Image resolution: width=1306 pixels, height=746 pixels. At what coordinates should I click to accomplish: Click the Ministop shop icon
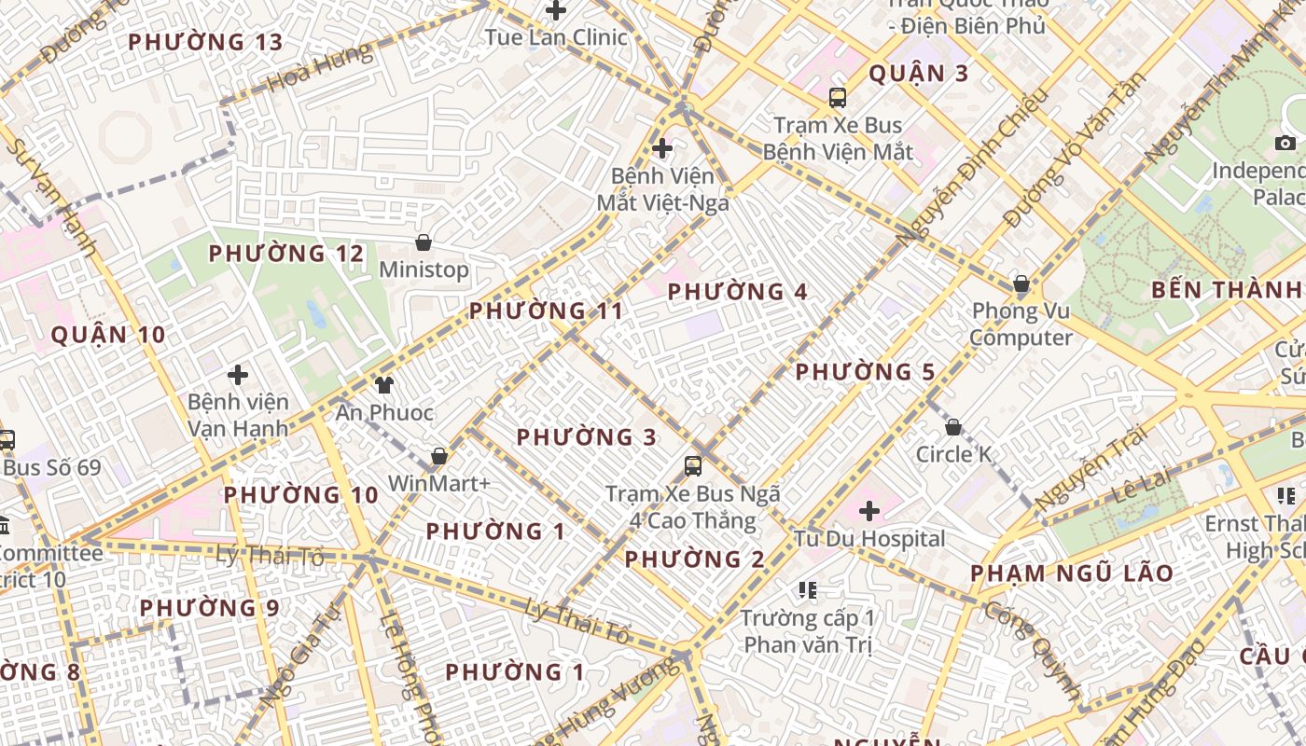(424, 242)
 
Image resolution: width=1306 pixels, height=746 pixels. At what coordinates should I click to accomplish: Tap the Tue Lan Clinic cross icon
(556, 11)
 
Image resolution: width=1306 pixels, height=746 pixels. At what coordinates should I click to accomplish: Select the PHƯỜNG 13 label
(205, 42)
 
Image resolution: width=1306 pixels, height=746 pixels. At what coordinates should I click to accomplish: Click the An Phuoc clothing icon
(383, 384)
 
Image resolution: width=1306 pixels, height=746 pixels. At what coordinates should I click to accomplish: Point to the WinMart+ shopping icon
(439, 456)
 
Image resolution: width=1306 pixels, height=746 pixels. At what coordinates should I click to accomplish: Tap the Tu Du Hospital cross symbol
(869, 511)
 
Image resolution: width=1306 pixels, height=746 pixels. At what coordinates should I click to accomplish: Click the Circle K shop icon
(953, 427)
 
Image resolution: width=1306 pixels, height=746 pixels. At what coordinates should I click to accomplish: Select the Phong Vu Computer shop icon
(1021, 283)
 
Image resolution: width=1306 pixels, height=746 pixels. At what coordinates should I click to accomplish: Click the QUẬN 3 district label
(919, 74)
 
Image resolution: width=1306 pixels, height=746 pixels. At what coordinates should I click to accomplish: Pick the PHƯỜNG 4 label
(738, 292)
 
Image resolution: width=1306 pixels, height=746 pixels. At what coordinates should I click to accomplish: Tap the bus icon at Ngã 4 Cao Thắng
(692, 465)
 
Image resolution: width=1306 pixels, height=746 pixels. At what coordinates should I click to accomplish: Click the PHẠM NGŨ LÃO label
(1072, 573)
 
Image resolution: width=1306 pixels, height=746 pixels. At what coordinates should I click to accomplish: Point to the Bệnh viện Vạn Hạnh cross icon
(238, 375)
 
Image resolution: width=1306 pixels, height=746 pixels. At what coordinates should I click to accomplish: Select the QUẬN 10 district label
(108, 335)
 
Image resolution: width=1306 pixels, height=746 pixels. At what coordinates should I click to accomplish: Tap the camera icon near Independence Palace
(1285, 143)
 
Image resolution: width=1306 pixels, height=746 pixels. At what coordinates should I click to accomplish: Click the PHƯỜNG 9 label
(209, 608)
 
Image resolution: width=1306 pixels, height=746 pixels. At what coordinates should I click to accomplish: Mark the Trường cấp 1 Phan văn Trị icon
(808, 589)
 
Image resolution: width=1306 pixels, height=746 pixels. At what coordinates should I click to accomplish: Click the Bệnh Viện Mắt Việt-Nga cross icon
(662, 147)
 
